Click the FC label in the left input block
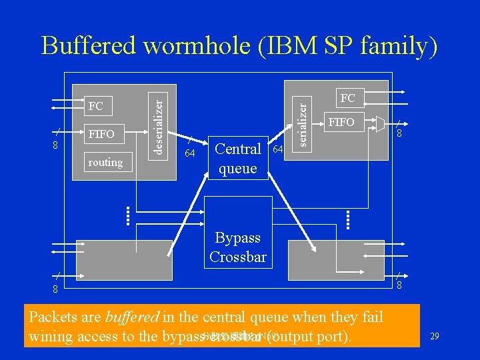coord(96,107)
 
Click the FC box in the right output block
coord(348,99)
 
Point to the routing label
coord(105,162)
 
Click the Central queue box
coord(238,158)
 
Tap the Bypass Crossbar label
coord(237,247)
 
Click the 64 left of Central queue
coord(189,155)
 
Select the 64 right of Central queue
coord(278,147)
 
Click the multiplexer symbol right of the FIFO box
coord(380,123)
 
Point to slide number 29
coord(434,337)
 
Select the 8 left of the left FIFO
coord(56,145)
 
